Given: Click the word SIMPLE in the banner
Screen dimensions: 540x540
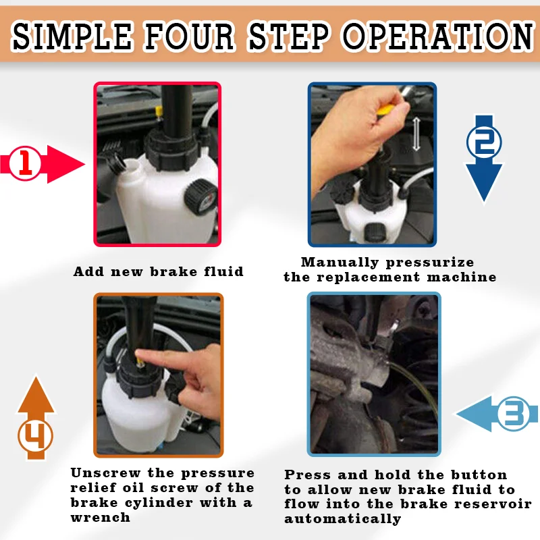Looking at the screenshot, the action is pyautogui.click(x=72, y=35).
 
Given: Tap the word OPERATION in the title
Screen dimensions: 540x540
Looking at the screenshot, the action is pyautogui.click(x=438, y=35).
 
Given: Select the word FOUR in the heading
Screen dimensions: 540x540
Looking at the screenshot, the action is pyautogui.click(x=190, y=35).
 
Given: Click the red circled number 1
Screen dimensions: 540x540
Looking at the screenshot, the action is pyautogui.click(x=25, y=163).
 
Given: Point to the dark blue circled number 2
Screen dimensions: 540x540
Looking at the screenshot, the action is pyautogui.click(x=484, y=142).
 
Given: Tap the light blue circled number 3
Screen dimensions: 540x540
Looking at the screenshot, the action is pyautogui.click(x=514, y=413).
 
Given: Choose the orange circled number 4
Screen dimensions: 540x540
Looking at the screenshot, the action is pyautogui.click(x=36, y=435).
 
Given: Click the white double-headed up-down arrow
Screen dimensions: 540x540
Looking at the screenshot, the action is pyautogui.click(x=416, y=134).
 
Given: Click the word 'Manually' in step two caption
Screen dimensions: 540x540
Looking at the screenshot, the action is pyautogui.click(x=340, y=263).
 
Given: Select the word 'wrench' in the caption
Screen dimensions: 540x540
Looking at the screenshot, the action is pyautogui.click(x=100, y=517).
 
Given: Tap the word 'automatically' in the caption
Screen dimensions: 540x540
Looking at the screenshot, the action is pyautogui.click(x=343, y=518).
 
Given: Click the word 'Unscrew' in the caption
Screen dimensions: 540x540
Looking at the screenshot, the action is pyautogui.click(x=105, y=473).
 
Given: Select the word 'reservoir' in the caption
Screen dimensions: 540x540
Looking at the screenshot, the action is pyautogui.click(x=493, y=504).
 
